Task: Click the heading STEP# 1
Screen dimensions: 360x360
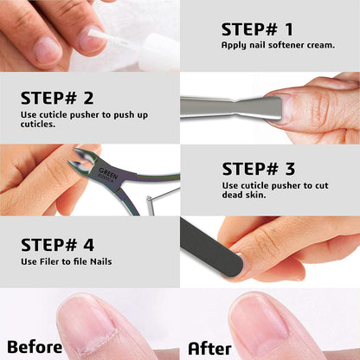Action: pyautogui.click(x=257, y=29)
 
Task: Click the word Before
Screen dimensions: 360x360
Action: pyautogui.click(x=34, y=346)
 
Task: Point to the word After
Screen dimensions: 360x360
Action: pyautogui.click(x=209, y=346)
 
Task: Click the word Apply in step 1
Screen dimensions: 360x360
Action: pyautogui.click(x=233, y=45)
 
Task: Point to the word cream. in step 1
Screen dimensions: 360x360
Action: pyautogui.click(x=318, y=45)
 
